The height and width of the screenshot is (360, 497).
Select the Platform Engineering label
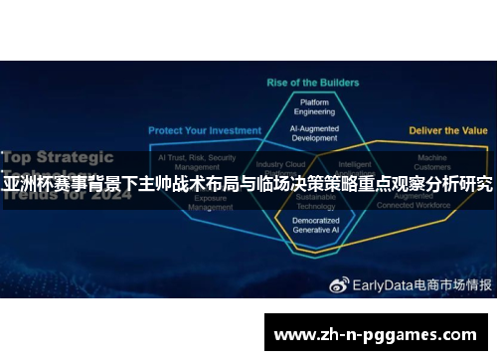coord(314,105)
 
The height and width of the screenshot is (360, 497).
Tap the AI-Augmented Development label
coord(314,133)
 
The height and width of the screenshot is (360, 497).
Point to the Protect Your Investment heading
coord(205,130)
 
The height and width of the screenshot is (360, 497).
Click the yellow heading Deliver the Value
coord(447,130)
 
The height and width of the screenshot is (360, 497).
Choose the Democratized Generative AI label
coord(314,225)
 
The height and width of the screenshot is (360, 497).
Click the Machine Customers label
coord(432,162)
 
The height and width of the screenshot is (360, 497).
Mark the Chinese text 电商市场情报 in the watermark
coord(452,256)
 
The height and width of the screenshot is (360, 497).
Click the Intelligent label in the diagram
coord(355,163)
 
